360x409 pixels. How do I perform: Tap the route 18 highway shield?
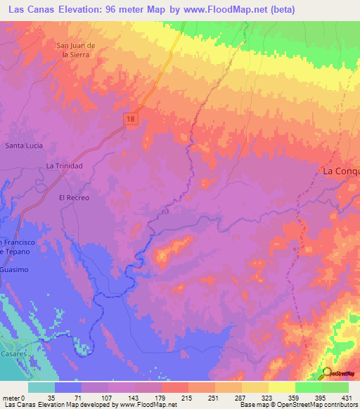131,120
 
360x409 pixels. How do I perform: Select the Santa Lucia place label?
24,145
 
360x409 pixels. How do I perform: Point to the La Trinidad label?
65,166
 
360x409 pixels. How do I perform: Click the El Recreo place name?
74,198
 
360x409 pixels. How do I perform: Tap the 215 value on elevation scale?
188,398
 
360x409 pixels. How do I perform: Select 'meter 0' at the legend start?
15,398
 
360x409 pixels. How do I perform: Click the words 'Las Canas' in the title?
31,8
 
